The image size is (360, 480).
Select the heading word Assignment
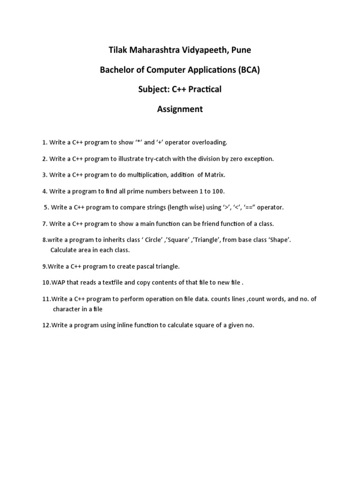click(x=180, y=109)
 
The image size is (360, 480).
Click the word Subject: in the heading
click(x=154, y=90)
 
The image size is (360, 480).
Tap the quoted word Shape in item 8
click(x=280, y=240)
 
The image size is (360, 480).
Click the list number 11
click(x=46, y=299)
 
